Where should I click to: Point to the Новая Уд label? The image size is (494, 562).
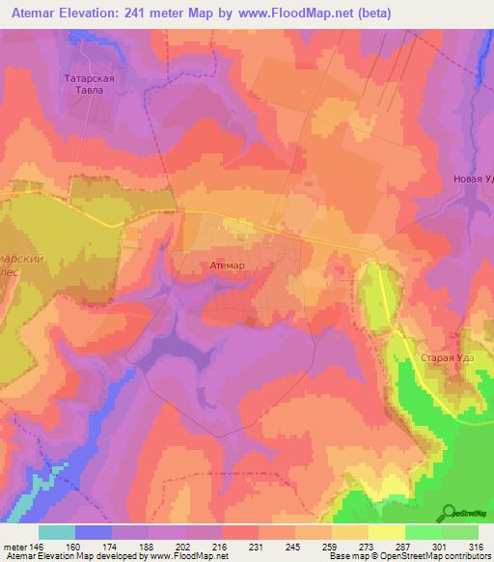pyautogui.click(x=472, y=180)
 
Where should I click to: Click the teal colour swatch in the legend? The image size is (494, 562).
pyautogui.click(x=57, y=531)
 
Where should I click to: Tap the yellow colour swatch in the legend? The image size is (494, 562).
pyautogui.click(x=386, y=531)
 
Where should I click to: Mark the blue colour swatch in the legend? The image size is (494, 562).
pyautogui.click(x=94, y=531)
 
